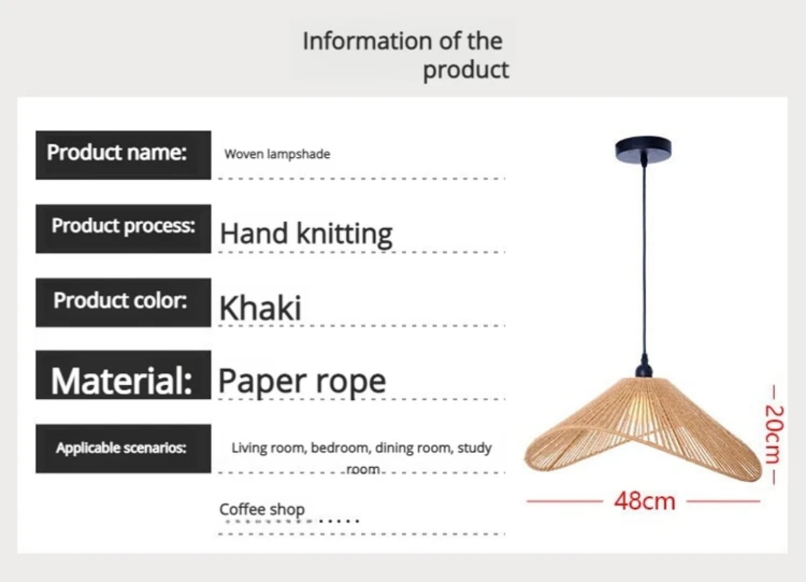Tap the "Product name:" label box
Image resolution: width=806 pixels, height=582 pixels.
pyautogui.click(x=123, y=155)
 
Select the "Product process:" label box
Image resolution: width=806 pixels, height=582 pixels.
pyautogui.click(x=123, y=228)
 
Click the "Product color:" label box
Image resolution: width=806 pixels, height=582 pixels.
pyautogui.click(x=123, y=302)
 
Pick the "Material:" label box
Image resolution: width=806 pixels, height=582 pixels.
pyautogui.click(x=123, y=376)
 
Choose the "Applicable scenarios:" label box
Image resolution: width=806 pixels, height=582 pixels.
pyautogui.click(x=123, y=448)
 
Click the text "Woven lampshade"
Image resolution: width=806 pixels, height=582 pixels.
pyautogui.click(x=277, y=154)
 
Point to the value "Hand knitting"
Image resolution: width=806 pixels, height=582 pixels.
pyautogui.click(x=306, y=234)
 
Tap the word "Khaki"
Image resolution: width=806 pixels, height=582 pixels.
pyautogui.click(x=260, y=308)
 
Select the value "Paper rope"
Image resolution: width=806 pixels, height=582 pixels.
pyautogui.click(x=302, y=382)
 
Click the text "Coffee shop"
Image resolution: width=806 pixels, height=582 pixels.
pyautogui.click(x=262, y=509)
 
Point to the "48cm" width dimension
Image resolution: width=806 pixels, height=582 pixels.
pyautogui.click(x=644, y=501)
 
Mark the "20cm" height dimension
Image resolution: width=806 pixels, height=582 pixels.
pyautogui.click(x=773, y=434)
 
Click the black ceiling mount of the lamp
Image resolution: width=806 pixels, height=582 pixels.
pyautogui.click(x=643, y=148)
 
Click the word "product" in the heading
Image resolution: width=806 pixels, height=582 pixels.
pyautogui.click(x=465, y=70)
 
